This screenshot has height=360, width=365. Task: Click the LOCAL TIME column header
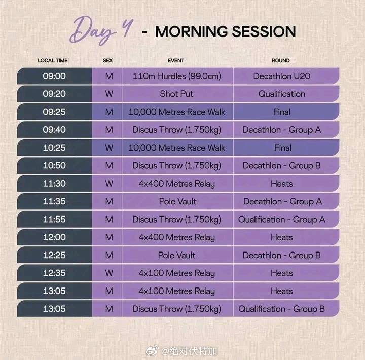pos(53,60)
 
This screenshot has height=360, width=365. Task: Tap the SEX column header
pos(108,60)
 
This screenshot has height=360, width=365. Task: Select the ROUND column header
pos(281,60)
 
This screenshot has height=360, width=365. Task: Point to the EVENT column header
pos(176,60)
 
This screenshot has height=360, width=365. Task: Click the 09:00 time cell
pos(54,76)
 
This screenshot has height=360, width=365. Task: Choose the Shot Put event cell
pos(177,94)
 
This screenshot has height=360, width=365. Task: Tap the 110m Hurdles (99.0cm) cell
pos(177,76)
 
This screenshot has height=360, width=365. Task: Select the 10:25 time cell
pos(54,148)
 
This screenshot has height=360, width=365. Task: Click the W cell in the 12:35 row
pos(109,273)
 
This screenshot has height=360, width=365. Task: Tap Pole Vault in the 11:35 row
pos(177,201)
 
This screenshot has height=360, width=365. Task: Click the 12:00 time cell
pos(54,237)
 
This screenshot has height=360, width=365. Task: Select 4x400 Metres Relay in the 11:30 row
pos(177,184)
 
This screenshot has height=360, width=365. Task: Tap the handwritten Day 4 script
pos(101,30)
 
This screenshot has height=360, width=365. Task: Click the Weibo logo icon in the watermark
pos(152,351)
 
